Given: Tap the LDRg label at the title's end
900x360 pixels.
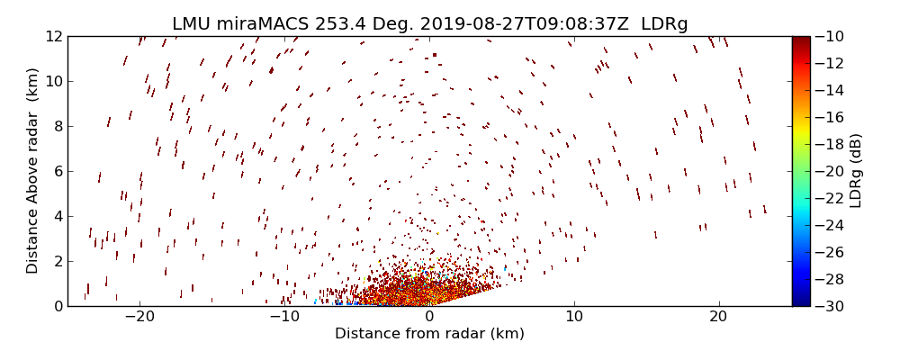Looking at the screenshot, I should click(x=664, y=24).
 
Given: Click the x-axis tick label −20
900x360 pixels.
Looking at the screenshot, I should click(x=139, y=317).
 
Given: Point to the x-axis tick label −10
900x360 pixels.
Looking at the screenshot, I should click(x=283, y=317).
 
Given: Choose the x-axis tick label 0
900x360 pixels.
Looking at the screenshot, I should click(x=429, y=317).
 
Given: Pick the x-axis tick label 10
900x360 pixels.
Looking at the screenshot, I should click(x=574, y=317).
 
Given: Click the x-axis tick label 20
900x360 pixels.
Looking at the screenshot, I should click(x=718, y=317).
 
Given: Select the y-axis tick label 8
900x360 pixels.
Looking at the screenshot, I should click(x=57, y=126).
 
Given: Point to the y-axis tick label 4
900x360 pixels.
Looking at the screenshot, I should click(x=57, y=216).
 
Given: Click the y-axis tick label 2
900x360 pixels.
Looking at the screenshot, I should click(x=57, y=261).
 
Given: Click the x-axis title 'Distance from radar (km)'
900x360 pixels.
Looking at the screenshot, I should click(x=429, y=334).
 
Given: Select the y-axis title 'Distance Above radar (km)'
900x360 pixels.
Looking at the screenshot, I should click(x=32, y=171).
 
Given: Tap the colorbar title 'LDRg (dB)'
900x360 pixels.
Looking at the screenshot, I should click(x=856, y=171).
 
